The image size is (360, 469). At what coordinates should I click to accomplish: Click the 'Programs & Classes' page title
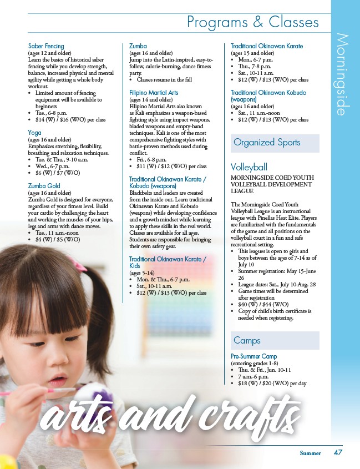point(253,22)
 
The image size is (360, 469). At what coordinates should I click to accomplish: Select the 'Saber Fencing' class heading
point(46,46)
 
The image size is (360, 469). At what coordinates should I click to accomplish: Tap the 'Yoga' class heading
point(34,133)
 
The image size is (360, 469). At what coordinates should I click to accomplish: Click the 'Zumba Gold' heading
point(44,186)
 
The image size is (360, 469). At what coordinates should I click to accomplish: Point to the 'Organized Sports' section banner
point(267,143)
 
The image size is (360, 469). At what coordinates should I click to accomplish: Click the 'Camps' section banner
point(247,340)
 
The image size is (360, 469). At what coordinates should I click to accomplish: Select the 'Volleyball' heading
point(249,167)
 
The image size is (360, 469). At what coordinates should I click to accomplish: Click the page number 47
point(338,452)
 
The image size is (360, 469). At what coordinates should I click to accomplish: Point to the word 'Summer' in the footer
point(311,453)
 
